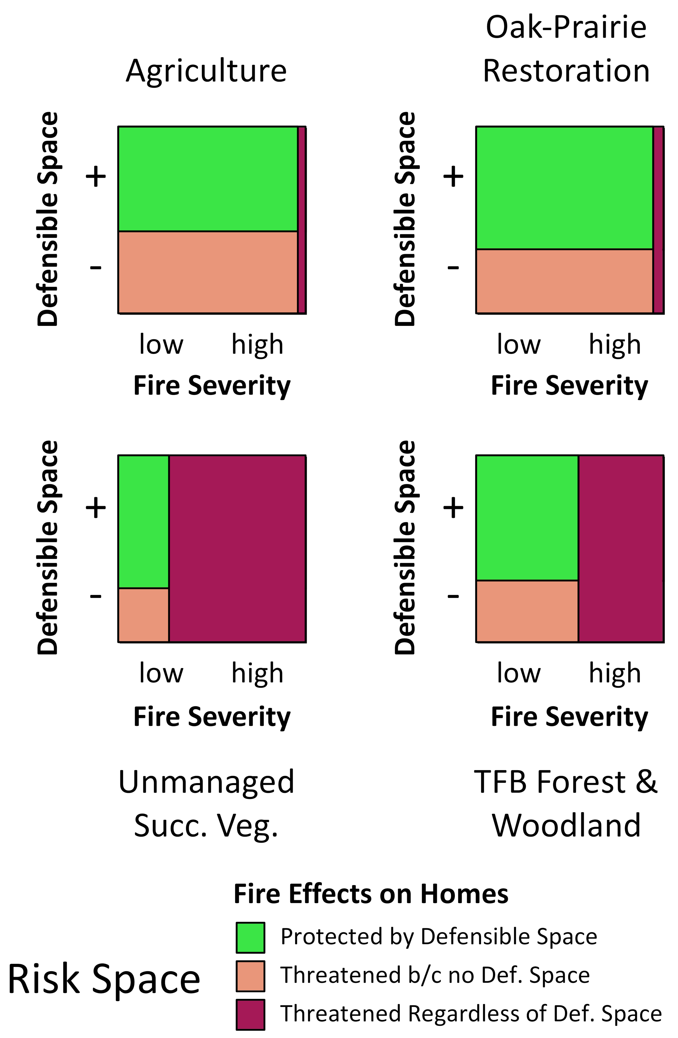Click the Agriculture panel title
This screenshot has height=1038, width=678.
206,71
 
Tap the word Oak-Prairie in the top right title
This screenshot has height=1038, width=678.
566,27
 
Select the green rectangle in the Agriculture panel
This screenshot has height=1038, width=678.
208,179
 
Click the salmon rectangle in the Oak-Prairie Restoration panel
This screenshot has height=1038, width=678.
564,281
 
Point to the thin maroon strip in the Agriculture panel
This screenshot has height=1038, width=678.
302,220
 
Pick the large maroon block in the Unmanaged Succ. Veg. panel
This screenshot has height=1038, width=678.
237,549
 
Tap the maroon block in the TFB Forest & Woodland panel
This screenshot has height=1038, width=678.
621,549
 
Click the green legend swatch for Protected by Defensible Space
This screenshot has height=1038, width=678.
251,937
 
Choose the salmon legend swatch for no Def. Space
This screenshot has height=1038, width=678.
251,976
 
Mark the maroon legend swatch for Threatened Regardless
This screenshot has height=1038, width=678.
251,1014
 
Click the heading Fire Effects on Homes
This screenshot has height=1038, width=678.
371,894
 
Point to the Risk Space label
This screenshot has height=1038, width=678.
104,979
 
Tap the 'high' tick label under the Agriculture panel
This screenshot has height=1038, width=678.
257,345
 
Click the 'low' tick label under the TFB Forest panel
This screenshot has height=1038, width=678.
519,674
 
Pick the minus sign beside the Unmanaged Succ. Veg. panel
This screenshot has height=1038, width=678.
96,596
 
